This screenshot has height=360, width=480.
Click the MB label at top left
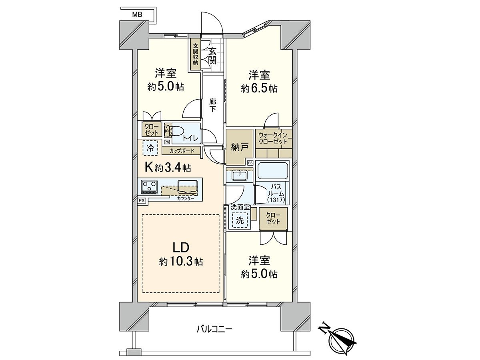[137, 15]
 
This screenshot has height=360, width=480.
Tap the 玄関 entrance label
[212, 56]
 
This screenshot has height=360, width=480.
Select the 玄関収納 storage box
[196, 54]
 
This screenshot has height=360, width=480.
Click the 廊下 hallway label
[213, 105]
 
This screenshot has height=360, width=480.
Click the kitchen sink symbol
[188, 185]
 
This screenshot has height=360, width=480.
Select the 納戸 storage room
[240, 147]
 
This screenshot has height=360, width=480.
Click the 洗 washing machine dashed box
[240, 220]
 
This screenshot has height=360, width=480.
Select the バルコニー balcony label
[214, 330]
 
